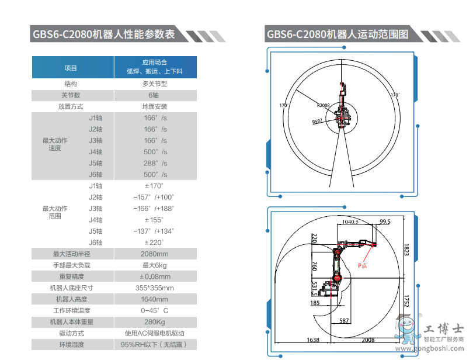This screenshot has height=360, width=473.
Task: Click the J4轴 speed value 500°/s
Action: pos(155,152)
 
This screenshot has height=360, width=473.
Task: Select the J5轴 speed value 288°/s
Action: pos(155,164)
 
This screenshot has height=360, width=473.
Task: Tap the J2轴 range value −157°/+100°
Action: pos(154,198)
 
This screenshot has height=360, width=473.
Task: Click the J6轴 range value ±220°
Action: pos(154,243)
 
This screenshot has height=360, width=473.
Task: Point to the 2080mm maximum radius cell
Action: pos(154,254)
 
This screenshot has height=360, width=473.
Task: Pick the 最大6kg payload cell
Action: pos(154,265)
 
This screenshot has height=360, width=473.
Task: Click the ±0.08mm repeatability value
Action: pos(155,276)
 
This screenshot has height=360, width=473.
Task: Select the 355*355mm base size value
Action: pos(154,288)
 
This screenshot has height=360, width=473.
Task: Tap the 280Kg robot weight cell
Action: pos(154,322)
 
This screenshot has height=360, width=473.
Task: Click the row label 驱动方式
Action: pos(72,334)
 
